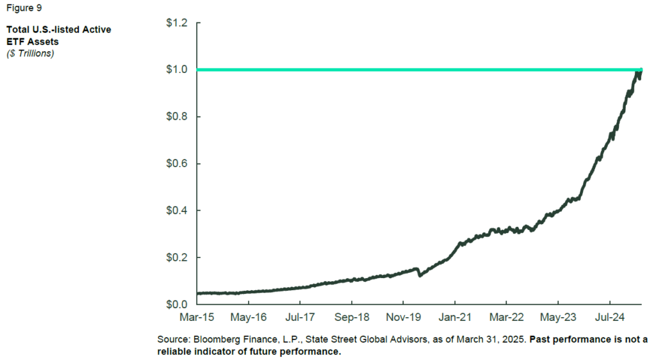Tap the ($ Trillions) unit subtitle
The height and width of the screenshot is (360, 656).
(x=30, y=53)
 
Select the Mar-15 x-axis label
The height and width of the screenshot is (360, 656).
(x=197, y=317)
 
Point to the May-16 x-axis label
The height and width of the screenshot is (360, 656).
(x=249, y=317)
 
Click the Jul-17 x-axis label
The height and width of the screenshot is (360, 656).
(x=300, y=317)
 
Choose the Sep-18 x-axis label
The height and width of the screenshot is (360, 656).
(x=351, y=317)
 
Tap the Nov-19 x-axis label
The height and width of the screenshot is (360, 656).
(x=403, y=317)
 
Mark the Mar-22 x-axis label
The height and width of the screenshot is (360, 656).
(x=506, y=317)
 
